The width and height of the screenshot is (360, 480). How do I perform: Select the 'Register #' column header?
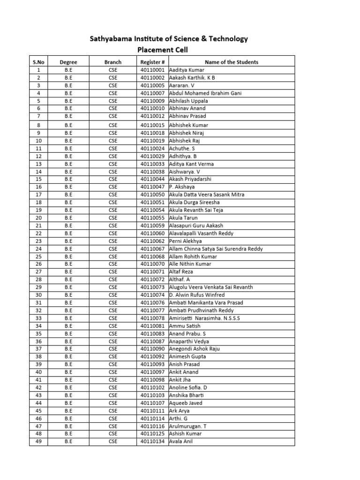(152, 62)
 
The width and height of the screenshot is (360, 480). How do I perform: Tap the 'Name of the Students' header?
(232, 62)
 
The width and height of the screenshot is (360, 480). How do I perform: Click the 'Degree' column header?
(68, 62)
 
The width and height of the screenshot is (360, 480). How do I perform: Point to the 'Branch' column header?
(113, 62)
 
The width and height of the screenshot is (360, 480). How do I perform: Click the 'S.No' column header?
(38, 62)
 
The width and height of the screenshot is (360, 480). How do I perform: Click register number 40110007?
(152, 93)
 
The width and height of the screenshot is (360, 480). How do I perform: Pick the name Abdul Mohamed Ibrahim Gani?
(205, 93)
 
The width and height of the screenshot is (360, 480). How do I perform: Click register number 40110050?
(152, 195)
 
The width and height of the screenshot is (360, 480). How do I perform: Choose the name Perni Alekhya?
(186, 241)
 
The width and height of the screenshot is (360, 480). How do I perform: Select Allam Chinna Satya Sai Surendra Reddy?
(216, 249)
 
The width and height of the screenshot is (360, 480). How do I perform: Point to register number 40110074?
(152, 295)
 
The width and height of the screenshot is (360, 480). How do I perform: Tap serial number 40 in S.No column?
(38, 372)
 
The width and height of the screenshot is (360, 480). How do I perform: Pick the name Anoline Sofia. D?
(188, 388)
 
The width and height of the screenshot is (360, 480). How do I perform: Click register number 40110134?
(152, 441)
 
